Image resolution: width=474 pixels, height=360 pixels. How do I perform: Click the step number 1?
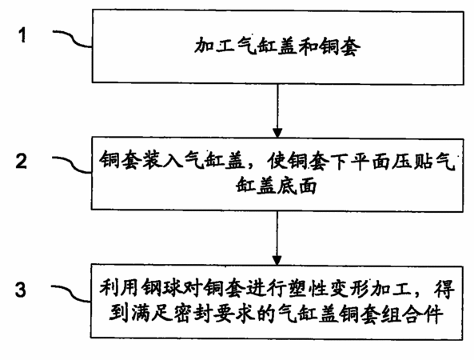click(x=22, y=35)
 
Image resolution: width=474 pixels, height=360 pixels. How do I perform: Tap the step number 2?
click(x=21, y=162)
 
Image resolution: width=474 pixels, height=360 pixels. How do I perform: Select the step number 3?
click(x=21, y=290)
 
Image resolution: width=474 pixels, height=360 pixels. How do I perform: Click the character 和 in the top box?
click(x=309, y=46)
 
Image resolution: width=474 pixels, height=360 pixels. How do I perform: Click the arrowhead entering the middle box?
click(x=277, y=133)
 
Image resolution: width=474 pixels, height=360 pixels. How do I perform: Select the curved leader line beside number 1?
click(x=73, y=38)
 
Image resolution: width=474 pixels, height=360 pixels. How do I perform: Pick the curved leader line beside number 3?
click(x=70, y=293)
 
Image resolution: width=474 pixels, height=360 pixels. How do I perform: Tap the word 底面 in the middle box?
click(x=297, y=185)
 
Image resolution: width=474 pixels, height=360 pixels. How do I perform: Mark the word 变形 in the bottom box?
click(x=350, y=287)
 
